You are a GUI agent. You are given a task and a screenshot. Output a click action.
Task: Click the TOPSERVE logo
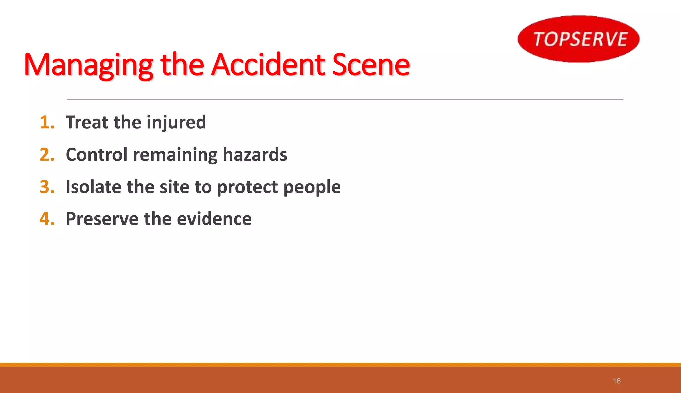(579, 39)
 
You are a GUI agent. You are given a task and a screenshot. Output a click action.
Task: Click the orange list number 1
(47, 122)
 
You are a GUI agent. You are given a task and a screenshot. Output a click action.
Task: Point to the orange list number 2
(47, 155)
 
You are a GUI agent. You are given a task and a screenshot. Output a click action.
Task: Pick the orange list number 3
(47, 187)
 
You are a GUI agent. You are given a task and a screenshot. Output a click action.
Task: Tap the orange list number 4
(47, 219)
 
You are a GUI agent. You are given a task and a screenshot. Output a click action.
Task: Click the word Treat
(87, 122)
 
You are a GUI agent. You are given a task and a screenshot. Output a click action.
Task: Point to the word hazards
(255, 155)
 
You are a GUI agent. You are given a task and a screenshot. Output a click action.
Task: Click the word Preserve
(102, 219)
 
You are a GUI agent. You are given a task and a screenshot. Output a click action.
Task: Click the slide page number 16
(617, 381)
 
